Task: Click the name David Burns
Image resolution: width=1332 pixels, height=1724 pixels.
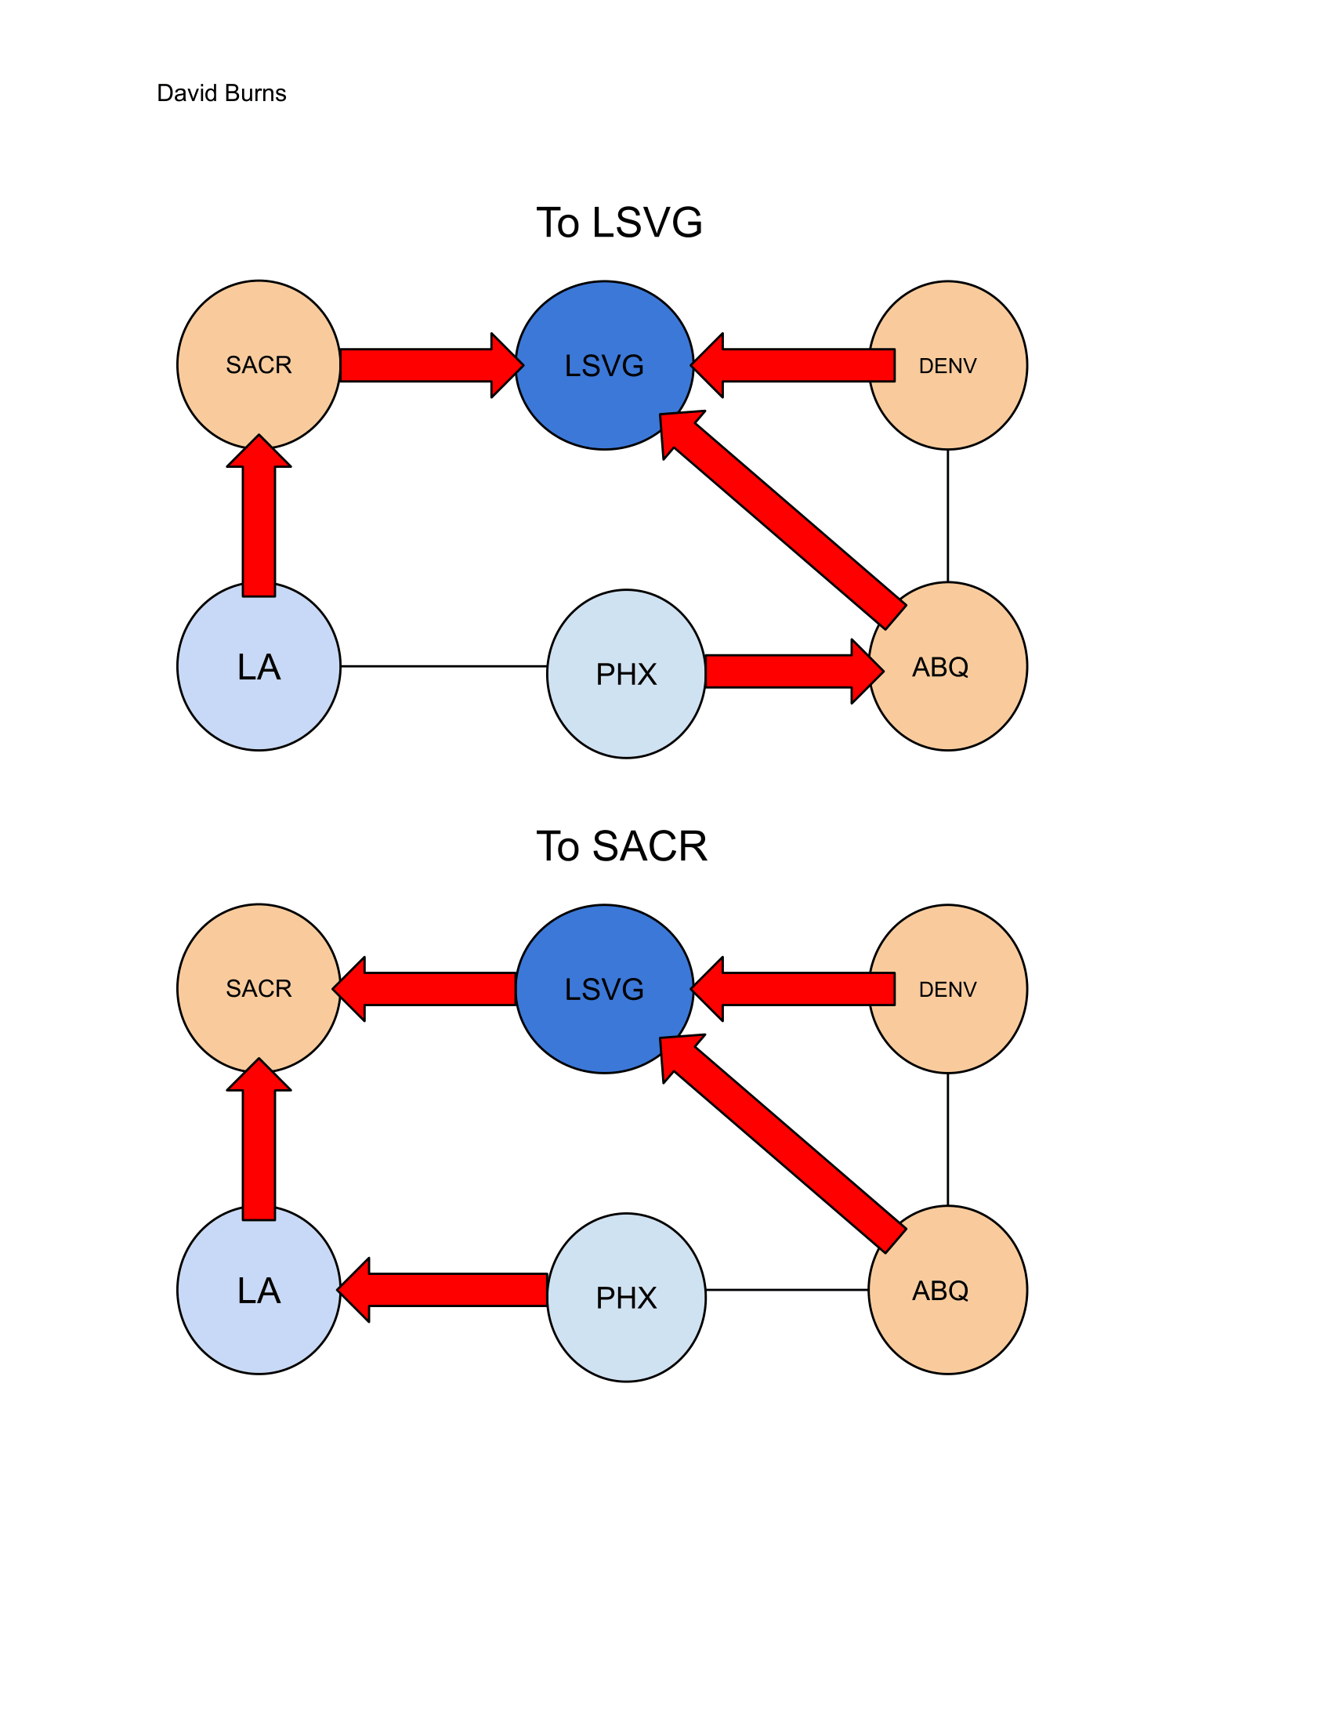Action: point(221,93)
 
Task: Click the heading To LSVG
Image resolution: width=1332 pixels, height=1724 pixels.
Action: point(619,223)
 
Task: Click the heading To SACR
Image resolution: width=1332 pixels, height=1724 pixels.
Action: point(621,846)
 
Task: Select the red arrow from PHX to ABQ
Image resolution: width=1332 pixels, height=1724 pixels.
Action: point(789,672)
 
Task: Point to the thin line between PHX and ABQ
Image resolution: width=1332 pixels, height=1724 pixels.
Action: point(786,1290)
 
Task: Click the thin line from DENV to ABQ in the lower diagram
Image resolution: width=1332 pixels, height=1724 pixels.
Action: point(948,1139)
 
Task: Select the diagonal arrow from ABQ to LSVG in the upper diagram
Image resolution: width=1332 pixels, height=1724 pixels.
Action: point(785,521)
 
